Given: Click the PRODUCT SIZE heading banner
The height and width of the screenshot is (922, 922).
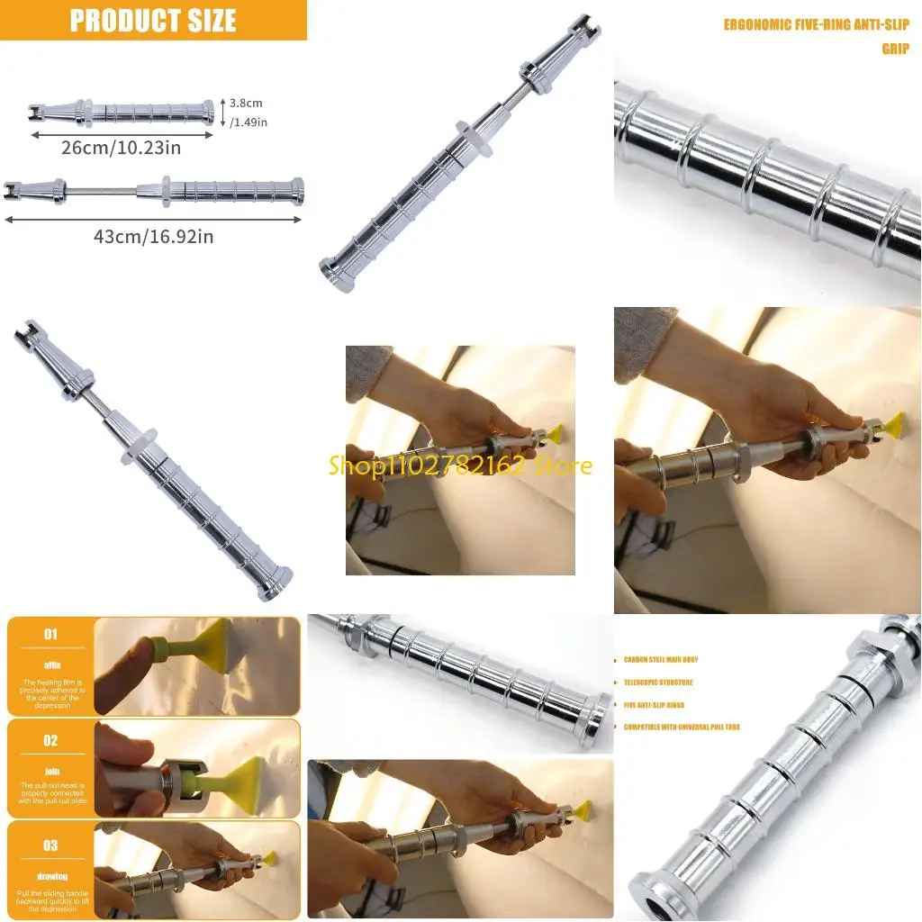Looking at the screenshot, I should pos(153,20).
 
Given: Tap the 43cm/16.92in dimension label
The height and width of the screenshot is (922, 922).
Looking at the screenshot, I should pos(153,236).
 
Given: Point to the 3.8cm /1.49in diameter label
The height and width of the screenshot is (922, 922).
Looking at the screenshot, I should pos(245,113).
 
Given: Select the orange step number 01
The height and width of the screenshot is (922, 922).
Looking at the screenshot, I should pos(50,634).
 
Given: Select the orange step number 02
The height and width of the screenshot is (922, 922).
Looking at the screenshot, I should pos(50,740).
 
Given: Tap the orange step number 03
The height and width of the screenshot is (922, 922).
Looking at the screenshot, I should pos(50,845).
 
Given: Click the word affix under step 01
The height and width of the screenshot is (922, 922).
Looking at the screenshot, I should pos(50,664).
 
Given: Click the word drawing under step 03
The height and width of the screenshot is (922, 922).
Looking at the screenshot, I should pos(50,876).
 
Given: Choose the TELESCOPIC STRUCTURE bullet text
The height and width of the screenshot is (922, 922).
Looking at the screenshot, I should pos(658,682).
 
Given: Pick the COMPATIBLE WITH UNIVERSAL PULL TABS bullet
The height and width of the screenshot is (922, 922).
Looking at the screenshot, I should pos(682,727).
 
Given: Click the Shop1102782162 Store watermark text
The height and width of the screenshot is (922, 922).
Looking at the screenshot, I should pos(460,466).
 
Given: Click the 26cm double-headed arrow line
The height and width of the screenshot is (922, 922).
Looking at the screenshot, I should pos(121,134).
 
